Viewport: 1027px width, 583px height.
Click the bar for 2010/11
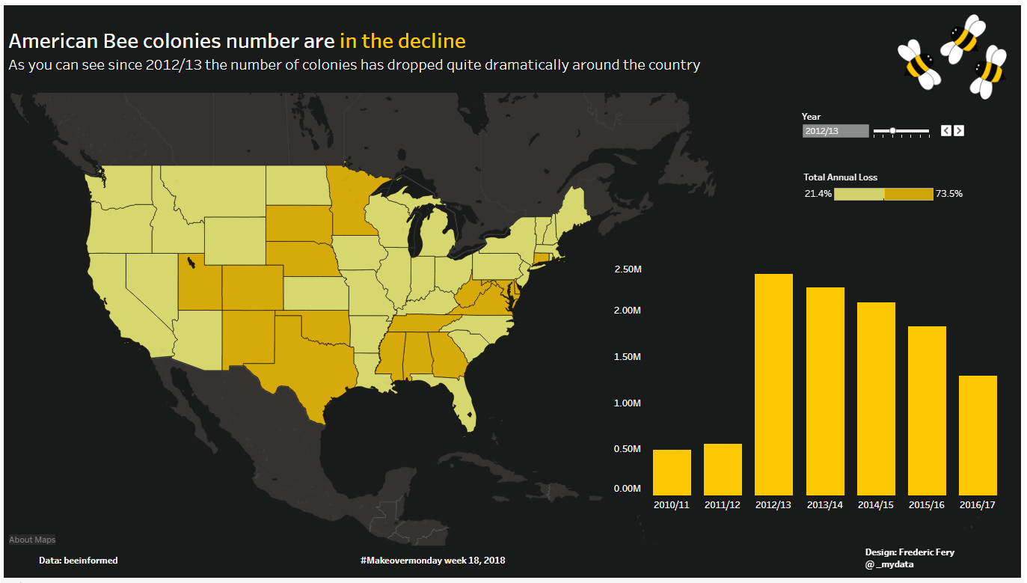click(672, 472)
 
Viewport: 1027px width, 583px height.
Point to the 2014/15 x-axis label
click(876, 505)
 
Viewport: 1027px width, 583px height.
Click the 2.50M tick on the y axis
click(627, 269)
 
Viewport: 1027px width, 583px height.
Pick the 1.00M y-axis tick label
click(627, 403)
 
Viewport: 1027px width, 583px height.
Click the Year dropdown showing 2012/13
click(836, 131)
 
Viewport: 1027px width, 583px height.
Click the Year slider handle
click(892, 131)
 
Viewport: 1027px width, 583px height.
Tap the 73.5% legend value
click(948, 194)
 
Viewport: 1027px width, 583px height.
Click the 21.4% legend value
click(818, 194)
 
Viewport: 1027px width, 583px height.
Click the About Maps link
click(32, 540)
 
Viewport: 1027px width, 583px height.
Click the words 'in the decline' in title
click(402, 41)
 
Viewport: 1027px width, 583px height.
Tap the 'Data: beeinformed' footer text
click(78, 560)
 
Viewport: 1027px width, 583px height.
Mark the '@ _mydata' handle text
click(889, 564)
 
